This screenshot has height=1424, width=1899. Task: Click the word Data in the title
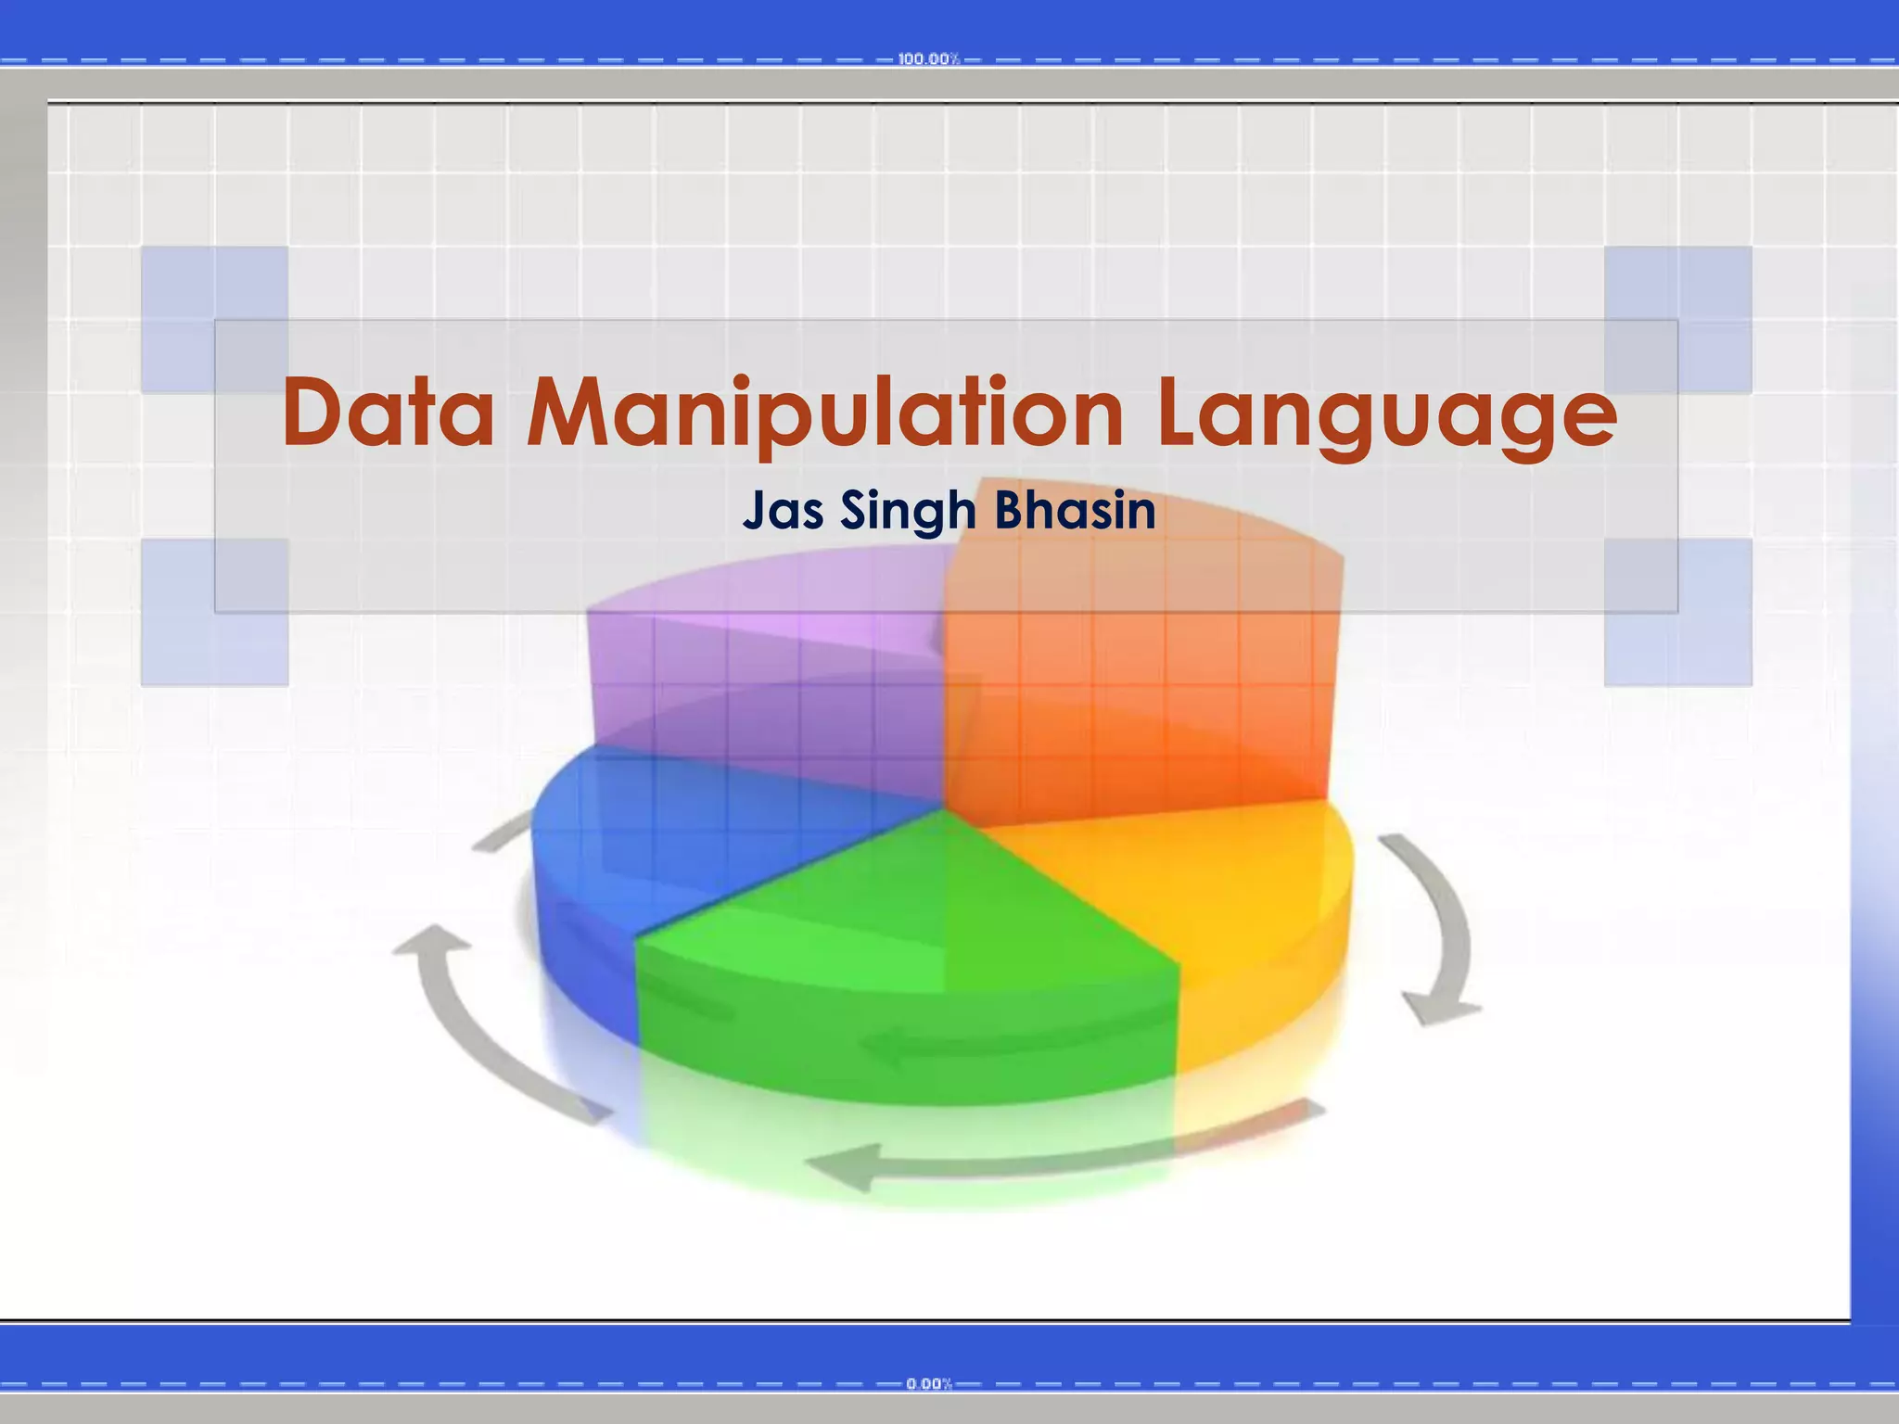(x=388, y=413)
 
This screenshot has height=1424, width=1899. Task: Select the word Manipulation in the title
(x=825, y=413)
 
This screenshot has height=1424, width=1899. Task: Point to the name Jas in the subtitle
(x=784, y=511)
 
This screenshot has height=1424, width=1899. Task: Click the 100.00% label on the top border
(x=928, y=59)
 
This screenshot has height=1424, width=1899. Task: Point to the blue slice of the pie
(x=649, y=834)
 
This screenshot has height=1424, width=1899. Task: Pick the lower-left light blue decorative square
(x=214, y=612)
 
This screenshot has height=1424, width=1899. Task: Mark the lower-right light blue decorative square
(x=1678, y=612)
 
